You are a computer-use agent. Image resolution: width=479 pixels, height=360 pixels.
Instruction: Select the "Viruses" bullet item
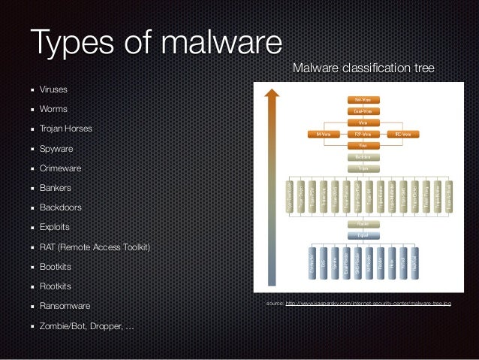[x=53, y=89]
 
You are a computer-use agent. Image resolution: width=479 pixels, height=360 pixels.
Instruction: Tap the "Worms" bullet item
[x=53, y=109]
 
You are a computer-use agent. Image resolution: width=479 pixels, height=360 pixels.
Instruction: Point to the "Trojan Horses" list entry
[x=67, y=129]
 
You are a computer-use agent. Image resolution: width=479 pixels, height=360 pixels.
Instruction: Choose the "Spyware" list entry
[x=56, y=149]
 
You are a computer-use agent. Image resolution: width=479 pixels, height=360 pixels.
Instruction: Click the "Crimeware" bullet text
[x=61, y=168]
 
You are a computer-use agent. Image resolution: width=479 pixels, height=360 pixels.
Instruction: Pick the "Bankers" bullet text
[x=56, y=188]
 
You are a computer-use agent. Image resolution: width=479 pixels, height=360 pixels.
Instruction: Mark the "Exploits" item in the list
[x=56, y=227]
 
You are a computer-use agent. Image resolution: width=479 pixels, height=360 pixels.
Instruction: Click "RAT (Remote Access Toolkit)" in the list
[x=95, y=247]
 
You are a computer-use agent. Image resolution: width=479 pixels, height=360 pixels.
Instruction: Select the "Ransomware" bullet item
[x=65, y=306]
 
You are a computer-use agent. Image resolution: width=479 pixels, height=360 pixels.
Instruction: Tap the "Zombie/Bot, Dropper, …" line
[x=83, y=326]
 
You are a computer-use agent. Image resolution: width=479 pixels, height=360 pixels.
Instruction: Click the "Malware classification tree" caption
[x=363, y=69]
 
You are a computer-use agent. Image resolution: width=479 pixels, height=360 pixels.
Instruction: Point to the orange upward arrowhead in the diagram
[x=273, y=94]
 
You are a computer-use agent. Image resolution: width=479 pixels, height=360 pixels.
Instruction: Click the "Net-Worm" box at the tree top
[x=363, y=98]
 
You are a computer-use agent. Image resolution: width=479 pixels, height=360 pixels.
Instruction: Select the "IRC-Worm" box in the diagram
[x=402, y=135]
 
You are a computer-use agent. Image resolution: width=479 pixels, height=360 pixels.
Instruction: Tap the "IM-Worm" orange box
[x=324, y=135]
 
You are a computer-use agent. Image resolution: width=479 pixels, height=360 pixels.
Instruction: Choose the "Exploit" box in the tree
[x=363, y=234]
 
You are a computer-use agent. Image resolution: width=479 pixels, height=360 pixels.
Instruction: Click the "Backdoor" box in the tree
[x=363, y=158]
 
